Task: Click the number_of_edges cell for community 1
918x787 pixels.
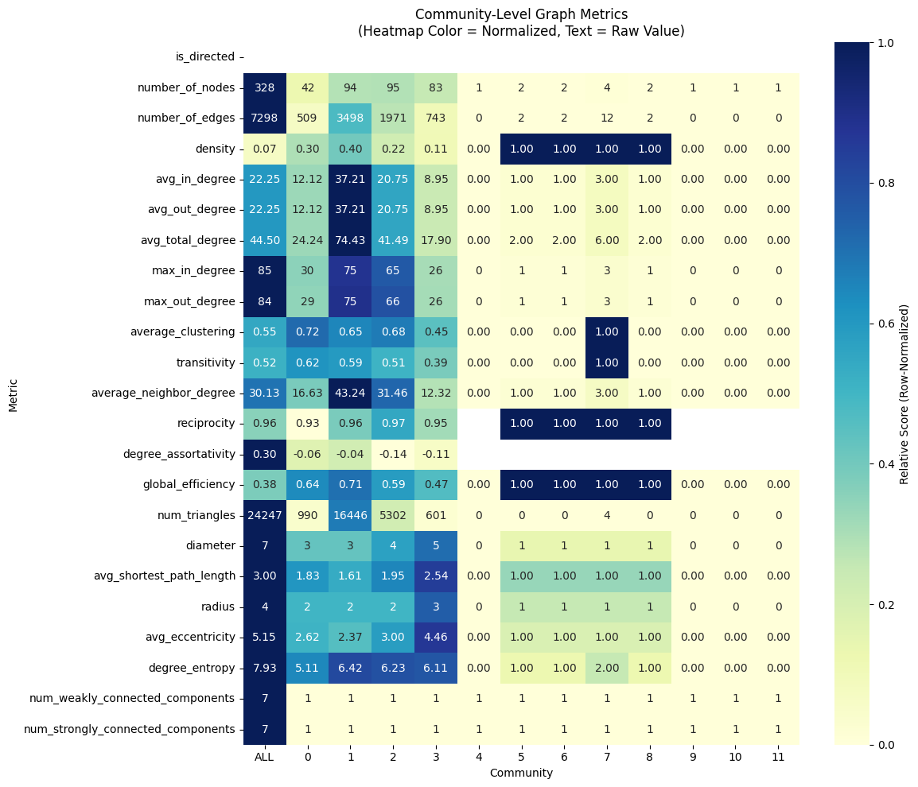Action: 350,118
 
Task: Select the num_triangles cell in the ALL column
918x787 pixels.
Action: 265,515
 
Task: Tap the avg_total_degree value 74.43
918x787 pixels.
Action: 350,241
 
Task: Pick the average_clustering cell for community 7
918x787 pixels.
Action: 607,331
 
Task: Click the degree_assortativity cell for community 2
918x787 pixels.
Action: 393,454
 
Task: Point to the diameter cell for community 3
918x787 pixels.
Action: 436,546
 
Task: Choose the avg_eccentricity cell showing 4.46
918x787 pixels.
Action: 436,638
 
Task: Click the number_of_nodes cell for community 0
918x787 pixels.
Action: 307,87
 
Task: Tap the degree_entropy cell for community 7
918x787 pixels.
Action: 607,669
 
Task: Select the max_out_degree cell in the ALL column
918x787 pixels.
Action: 265,301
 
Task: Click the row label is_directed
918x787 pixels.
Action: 205,56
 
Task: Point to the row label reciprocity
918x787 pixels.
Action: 209,424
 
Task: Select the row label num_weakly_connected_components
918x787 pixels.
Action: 132,699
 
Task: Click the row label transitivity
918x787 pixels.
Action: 205,362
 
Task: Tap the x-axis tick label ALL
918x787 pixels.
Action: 264,757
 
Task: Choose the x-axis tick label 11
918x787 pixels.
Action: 777,757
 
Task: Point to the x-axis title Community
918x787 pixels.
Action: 521,773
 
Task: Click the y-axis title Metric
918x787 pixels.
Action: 14,396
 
